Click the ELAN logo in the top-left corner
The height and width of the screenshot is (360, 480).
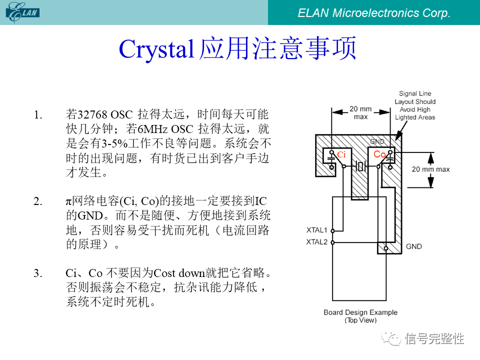click(22, 12)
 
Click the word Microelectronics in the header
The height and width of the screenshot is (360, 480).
click(375, 13)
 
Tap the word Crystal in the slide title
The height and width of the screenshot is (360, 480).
click(156, 49)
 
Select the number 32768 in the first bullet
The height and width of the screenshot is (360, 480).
click(93, 115)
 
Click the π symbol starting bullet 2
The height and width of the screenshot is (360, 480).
click(68, 201)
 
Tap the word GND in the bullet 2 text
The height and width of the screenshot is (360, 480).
click(90, 215)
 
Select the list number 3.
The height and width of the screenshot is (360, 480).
click(37, 273)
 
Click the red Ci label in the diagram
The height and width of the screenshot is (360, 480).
click(341, 154)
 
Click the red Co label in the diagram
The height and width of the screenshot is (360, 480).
click(379, 154)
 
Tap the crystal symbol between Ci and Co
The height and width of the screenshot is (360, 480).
click(360, 166)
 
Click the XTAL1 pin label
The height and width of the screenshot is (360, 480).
click(317, 230)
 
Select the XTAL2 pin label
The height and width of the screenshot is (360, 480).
click(317, 242)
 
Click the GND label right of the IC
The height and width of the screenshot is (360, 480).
click(414, 246)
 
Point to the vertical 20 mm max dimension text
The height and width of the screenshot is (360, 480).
click(430, 169)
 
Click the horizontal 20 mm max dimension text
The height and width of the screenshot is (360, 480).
click(360, 112)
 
